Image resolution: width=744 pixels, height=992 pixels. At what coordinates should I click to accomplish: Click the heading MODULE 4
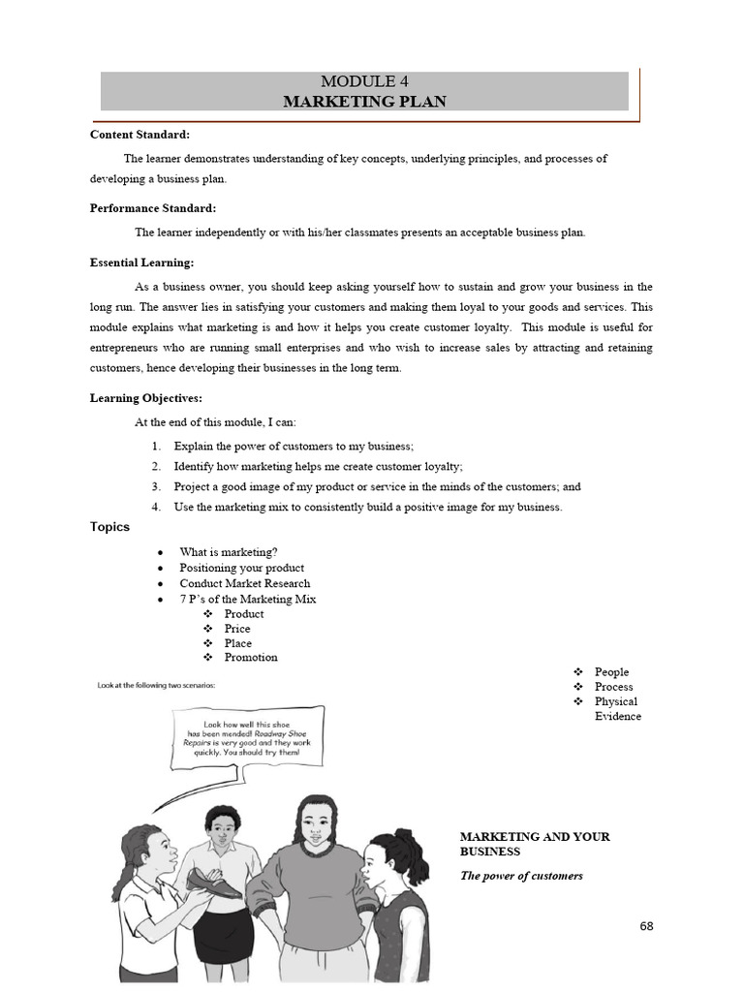(364, 82)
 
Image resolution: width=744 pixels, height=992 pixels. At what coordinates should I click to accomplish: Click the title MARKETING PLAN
(364, 101)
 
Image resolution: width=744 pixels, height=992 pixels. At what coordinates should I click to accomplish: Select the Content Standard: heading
(139, 135)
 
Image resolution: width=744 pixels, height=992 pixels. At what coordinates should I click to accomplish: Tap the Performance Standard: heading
(152, 208)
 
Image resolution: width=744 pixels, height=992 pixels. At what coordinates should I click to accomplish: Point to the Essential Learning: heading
(141, 263)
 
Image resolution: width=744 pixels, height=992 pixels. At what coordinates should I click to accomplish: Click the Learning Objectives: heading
(146, 398)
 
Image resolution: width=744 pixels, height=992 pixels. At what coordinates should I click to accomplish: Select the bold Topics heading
(109, 527)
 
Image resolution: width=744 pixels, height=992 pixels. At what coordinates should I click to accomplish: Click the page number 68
(646, 926)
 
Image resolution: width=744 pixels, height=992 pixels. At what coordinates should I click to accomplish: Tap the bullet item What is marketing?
(228, 552)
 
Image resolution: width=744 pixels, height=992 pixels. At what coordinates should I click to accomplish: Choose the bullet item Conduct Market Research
(244, 583)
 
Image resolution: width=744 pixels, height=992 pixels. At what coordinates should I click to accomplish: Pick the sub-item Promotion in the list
(250, 657)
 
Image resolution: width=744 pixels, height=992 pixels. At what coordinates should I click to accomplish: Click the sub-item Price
(236, 628)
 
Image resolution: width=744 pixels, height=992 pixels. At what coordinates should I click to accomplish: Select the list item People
(611, 671)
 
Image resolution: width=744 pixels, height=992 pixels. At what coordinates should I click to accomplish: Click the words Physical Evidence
(617, 709)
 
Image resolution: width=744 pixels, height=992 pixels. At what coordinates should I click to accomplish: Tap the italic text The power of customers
(521, 876)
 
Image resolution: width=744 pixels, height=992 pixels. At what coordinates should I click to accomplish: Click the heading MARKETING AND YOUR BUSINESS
(535, 844)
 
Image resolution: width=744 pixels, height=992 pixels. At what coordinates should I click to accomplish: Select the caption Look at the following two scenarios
(156, 685)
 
